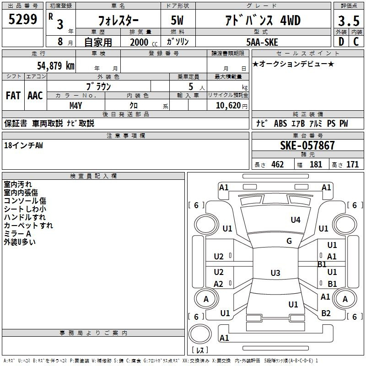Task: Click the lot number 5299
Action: pos(22,19)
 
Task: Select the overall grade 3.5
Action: pos(349,21)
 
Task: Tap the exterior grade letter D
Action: pos(341,42)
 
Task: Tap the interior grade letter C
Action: pos(356,42)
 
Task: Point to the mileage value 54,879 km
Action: pos(56,65)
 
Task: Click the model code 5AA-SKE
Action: pos(262,42)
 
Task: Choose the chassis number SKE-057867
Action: pos(307,145)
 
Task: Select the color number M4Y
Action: pos(75,106)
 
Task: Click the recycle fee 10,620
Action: pos(228,106)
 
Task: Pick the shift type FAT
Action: pos(13,96)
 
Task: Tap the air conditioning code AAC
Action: pos(35,96)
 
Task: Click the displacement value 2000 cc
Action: pos(144,42)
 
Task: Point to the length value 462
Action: pos(278,165)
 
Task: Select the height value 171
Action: pos(352,165)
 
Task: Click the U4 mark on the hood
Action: pos(296,220)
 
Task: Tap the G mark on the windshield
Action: pos(289,241)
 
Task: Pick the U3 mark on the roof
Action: pos(275,273)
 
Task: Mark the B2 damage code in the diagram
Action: pos(326,313)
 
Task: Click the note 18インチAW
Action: pos(24,145)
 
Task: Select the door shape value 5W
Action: pos(177,20)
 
